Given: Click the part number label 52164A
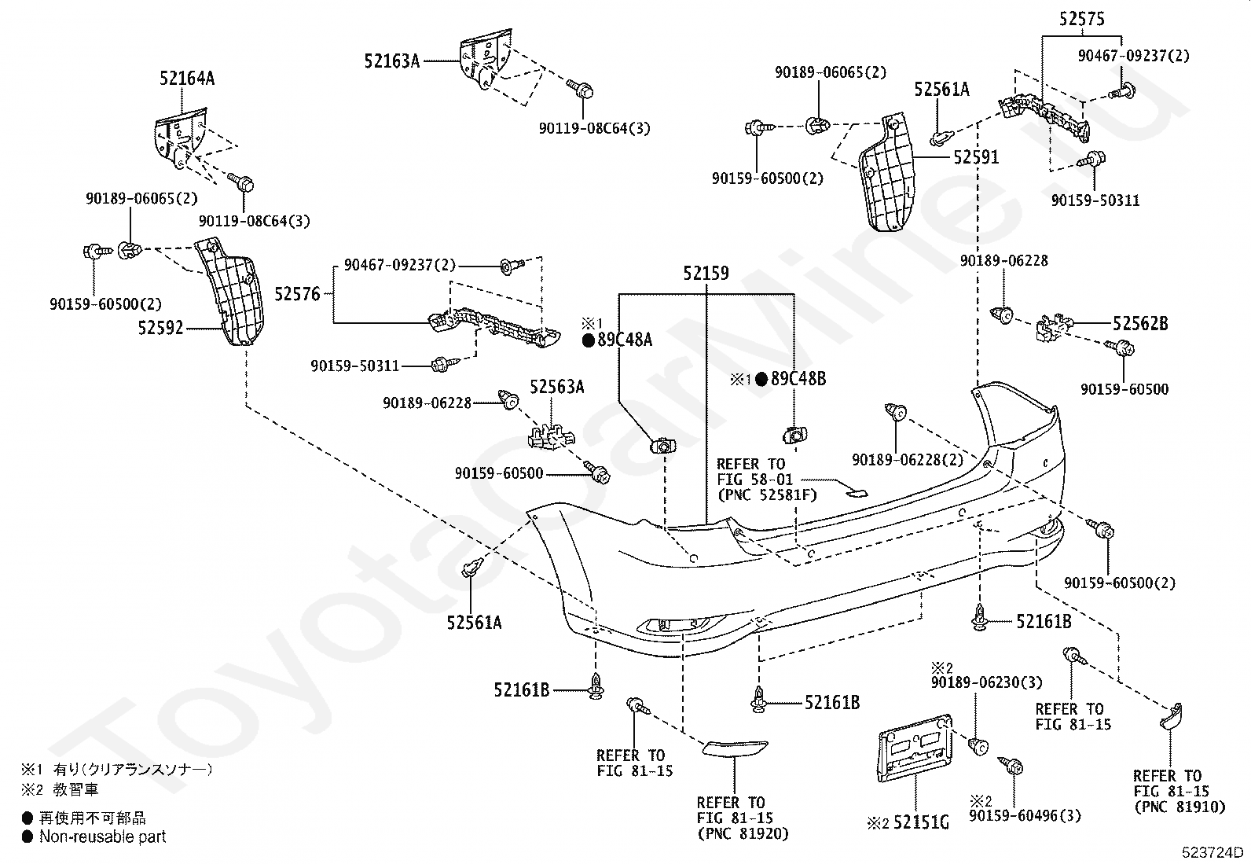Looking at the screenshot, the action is tap(187, 79).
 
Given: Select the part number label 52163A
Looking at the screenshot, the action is tap(391, 61).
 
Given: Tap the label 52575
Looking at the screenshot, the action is tap(1082, 20).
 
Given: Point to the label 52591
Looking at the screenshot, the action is tap(976, 157).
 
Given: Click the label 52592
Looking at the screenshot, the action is tap(161, 328).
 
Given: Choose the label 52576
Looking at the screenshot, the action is tap(297, 294).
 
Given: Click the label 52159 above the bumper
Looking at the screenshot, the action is tap(706, 274).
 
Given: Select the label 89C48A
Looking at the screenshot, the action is tap(625, 340).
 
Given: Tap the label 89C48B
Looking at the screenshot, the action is tap(798, 379).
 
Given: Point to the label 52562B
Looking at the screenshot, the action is tap(1140, 324).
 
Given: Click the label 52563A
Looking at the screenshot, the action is tap(557, 387).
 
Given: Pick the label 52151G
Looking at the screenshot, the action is tap(921, 822).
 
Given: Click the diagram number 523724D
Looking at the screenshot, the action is tap(1212, 852).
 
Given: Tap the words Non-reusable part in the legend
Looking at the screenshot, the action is tap(103, 836).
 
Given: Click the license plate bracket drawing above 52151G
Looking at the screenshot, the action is tap(914, 748).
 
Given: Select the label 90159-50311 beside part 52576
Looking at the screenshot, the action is tap(355, 366).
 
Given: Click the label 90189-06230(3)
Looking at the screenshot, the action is tap(986, 682).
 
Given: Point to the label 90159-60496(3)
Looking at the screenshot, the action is tap(1025, 816).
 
